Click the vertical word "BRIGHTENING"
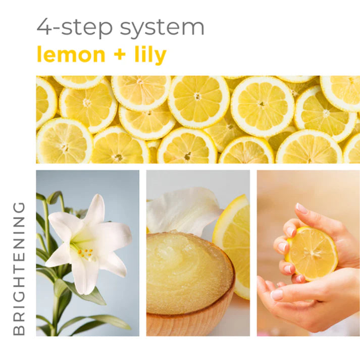19,268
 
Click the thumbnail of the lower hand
277,294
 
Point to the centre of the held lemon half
312,252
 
